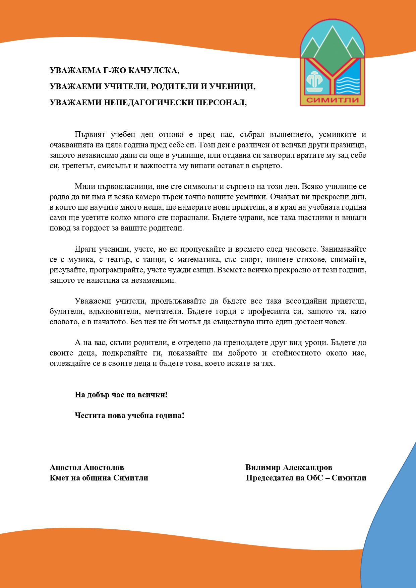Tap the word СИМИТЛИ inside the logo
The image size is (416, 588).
pyautogui.click(x=333, y=100)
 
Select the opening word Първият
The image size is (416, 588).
pyautogui.click(x=90, y=135)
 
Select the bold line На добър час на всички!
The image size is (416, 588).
pyautogui.click(x=121, y=395)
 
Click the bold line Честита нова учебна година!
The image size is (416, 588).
pyautogui.click(x=129, y=415)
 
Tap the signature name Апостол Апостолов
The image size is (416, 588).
pyautogui.click(x=87, y=467)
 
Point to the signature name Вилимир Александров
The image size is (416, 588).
pyautogui.click(x=289, y=467)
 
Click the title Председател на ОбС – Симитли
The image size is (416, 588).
pyautogui.click(x=306, y=478)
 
